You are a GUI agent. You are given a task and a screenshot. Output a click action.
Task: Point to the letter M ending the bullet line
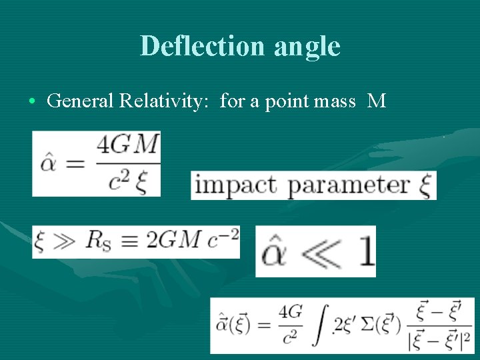(377, 101)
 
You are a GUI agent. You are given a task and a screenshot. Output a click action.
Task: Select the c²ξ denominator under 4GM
(128, 179)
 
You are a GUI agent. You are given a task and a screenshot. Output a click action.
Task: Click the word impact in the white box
(236, 185)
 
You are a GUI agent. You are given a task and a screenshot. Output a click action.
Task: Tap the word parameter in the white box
(349, 186)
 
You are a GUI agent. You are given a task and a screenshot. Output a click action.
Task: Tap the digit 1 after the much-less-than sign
(365, 252)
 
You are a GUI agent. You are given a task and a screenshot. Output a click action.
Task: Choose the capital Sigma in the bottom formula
(369, 325)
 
